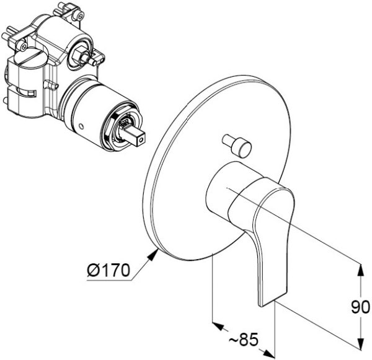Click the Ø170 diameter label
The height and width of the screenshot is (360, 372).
click(108, 270)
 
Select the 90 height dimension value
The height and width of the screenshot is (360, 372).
click(360, 307)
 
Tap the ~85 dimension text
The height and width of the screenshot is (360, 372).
click(244, 340)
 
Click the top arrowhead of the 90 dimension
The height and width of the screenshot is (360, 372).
click(361, 270)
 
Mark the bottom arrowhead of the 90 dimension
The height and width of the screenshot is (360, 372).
click(361, 343)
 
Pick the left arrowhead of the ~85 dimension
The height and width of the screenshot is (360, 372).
click(218, 327)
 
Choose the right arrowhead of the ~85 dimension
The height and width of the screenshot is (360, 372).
click(268, 353)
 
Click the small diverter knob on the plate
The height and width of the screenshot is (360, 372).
click(237, 145)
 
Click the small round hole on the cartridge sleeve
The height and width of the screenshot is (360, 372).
click(81, 126)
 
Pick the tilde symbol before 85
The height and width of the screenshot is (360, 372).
click(234, 341)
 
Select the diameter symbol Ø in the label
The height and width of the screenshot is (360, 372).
click(92, 270)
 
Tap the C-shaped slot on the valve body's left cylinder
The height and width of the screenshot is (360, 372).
click(27, 92)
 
